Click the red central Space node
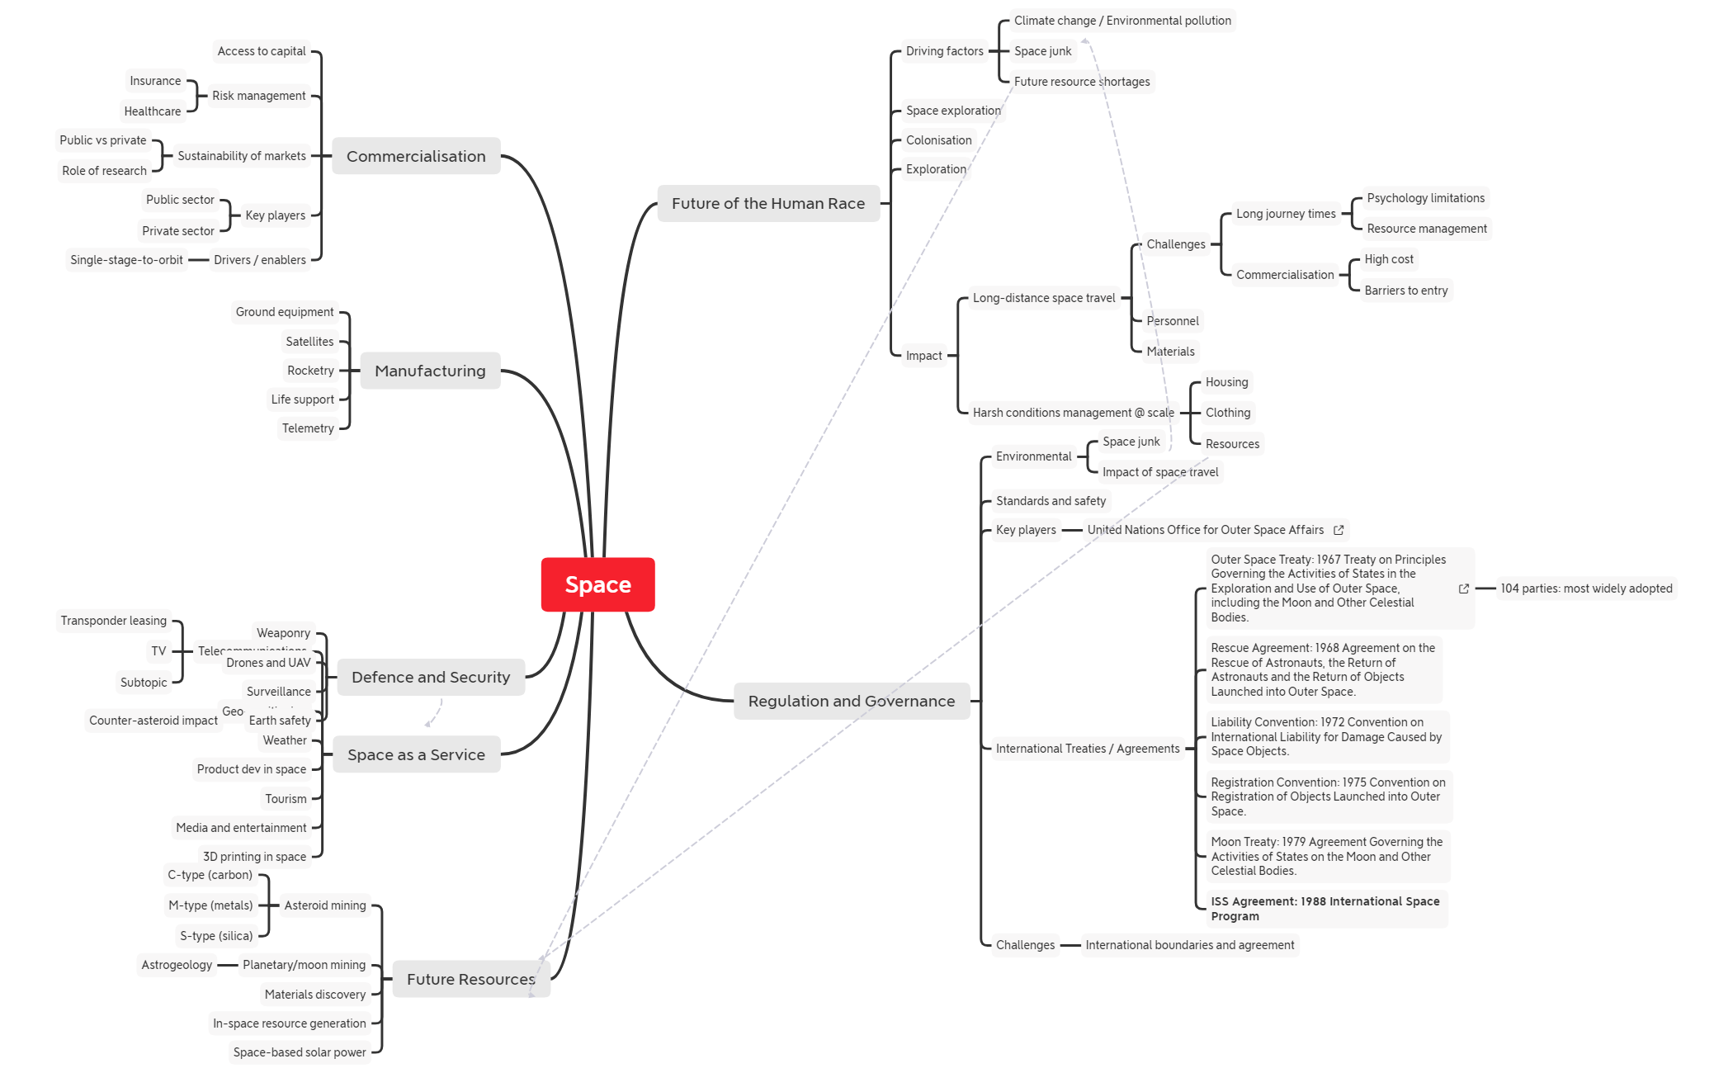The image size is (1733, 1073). click(597, 584)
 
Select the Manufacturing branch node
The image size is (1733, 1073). click(430, 371)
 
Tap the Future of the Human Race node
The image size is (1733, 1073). click(767, 203)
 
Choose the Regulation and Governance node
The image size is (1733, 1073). click(851, 701)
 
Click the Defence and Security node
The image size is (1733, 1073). click(430, 677)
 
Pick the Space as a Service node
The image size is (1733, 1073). click(416, 754)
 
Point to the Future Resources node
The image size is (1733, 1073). click(470, 979)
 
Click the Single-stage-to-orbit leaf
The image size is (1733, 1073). click(126, 260)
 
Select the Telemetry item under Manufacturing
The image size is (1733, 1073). click(308, 428)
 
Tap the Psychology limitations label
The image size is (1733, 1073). click(1425, 198)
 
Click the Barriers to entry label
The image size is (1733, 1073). click(1405, 291)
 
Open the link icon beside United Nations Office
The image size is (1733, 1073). click(1339, 530)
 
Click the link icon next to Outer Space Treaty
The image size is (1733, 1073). click(1463, 588)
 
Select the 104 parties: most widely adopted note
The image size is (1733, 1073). click(1586, 588)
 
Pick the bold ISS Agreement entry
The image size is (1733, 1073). click(1325, 909)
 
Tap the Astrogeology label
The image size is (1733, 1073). click(177, 965)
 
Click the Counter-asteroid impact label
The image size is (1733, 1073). click(153, 721)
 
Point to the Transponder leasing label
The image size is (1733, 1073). click(113, 621)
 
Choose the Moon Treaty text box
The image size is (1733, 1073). click(1326, 856)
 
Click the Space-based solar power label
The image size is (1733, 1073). click(299, 1052)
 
